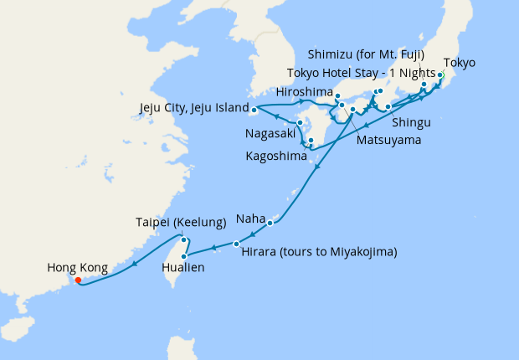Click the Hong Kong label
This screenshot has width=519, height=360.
pyautogui.click(x=77, y=268)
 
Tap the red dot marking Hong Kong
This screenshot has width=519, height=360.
pyautogui.click(x=78, y=280)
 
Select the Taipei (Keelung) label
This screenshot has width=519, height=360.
pyautogui.click(x=181, y=222)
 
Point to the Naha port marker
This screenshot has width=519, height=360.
pyautogui.click(x=270, y=223)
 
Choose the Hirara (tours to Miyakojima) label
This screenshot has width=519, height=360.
pyautogui.click(x=318, y=251)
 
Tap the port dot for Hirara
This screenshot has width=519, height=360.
pyautogui.click(x=236, y=244)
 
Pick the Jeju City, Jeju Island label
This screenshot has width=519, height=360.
pyautogui.click(x=193, y=108)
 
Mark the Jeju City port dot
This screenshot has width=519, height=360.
pyautogui.click(x=253, y=109)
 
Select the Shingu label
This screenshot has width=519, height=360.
pyautogui.click(x=409, y=122)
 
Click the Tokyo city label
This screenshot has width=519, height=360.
pyautogui.click(x=459, y=63)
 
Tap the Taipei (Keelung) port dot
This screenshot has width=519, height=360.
pyautogui.click(x=182, y=239)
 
